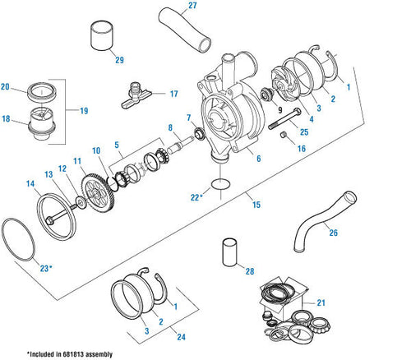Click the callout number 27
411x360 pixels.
pyautogui.click(x=192, y=7)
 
